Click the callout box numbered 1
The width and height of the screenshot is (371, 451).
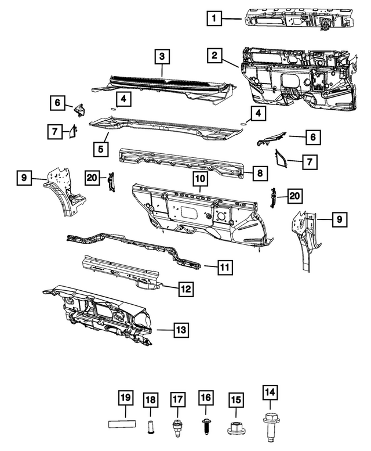click(x=214, y=19)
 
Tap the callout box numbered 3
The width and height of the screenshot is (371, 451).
click(x=162, y=57)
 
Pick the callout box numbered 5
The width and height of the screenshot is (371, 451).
click(x=100, y=149)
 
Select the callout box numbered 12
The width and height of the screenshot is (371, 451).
click(x=185, y=287)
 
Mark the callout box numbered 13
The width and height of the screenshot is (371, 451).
click(x=181, y=330)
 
